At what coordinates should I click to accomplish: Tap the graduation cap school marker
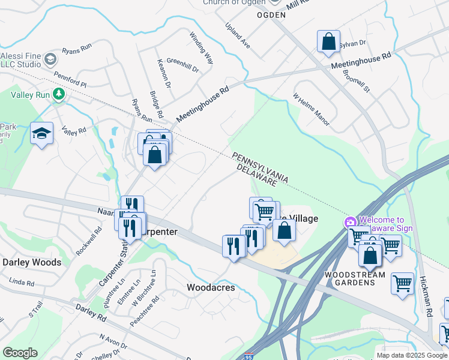(41, 134)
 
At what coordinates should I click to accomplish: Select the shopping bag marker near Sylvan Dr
(328, 42)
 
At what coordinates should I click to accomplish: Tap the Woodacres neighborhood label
(211, 287)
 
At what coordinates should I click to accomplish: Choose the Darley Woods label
(32, 262)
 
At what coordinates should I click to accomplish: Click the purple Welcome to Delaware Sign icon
(350, 223)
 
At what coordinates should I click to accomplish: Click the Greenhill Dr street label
(182, 65)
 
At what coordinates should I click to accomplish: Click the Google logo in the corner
(20, 353)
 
